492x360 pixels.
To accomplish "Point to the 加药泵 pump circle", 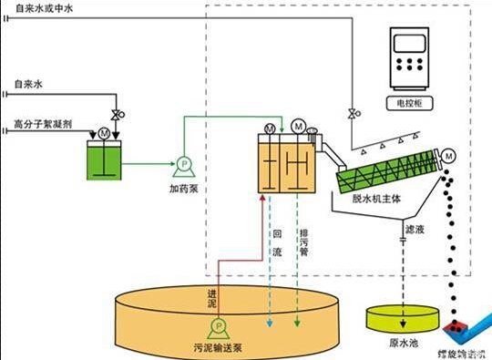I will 182,165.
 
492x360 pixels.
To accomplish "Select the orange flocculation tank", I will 285,164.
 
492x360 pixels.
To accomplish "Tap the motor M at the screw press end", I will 448,157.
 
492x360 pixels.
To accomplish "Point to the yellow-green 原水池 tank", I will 400,319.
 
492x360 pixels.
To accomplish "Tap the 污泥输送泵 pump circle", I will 217,326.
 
